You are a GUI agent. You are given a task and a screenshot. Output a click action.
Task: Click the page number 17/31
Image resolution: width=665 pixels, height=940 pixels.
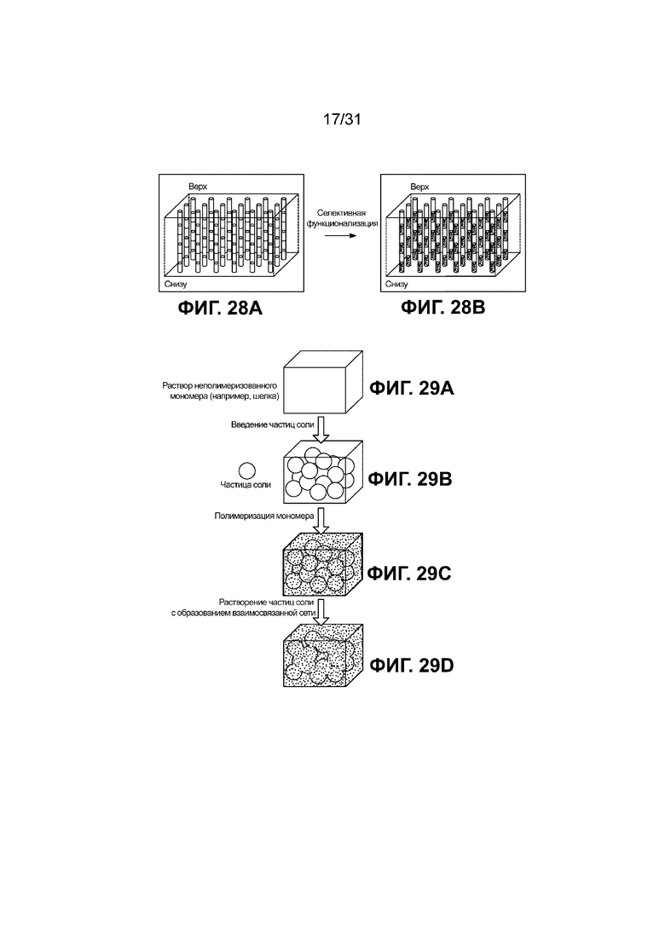(342, 119)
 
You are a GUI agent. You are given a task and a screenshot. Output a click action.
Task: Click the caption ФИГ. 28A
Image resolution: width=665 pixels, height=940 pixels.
(220, 309)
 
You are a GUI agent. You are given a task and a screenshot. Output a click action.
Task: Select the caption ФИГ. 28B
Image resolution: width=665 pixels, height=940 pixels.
(442, 308)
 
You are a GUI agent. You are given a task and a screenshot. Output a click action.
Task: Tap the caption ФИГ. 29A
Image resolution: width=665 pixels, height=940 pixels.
(411, 389)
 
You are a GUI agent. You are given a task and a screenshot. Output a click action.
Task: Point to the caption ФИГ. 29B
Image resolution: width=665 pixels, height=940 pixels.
(410, 479)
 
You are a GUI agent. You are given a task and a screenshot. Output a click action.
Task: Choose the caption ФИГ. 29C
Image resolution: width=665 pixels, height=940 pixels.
(409, 574)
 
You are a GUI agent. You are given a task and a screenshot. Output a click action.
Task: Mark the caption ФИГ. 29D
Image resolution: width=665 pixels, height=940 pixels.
(411, 666)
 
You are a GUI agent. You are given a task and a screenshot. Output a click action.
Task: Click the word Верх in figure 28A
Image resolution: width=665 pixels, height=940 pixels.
(198, 187)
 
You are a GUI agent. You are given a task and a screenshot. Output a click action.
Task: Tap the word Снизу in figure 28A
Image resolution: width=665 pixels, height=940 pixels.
(176, 284)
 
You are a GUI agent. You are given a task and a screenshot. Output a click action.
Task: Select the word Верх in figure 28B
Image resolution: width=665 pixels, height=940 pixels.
(419, 187)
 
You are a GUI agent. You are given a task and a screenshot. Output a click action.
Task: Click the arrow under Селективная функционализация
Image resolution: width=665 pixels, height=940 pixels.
(340, 235)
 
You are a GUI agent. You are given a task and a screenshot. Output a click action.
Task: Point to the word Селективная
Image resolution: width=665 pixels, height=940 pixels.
(341, 213)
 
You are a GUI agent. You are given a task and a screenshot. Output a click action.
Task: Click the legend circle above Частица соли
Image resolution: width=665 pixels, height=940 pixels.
(247, 470)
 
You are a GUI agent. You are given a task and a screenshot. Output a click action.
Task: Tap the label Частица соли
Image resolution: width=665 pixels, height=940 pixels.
(246, 484)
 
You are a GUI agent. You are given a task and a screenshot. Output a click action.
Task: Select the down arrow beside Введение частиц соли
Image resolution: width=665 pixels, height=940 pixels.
(322, 430)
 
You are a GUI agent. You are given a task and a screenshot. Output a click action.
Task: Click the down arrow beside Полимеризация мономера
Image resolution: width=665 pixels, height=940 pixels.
(322, 521)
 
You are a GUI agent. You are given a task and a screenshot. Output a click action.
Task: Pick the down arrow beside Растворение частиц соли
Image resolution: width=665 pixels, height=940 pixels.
(322, 612)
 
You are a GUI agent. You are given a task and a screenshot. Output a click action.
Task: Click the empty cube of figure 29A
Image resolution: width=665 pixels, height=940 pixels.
(322, 383)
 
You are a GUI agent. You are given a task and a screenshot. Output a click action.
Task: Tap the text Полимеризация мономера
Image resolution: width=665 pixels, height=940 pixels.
(264, 516)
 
